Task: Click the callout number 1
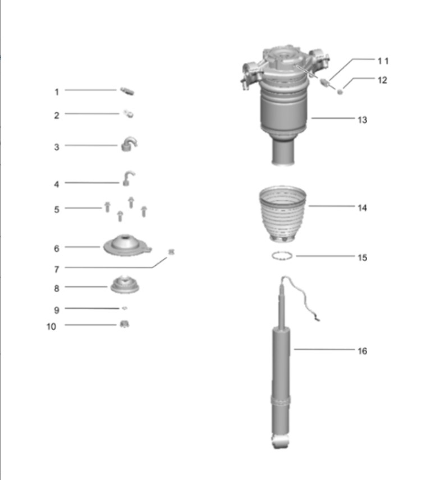(x=56, y=92)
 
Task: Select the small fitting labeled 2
(x=129, y=114)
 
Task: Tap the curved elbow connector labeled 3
(x=129, y=144)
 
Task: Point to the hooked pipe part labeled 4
(x=128, y=178)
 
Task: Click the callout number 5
(x=56, y=210)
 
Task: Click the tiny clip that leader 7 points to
(x=171, y=252)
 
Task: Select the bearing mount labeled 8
(x=125, y=285)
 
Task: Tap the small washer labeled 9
(x=125, y=308)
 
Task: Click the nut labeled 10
(x=124, y=324)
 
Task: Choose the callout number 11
(x=383, y=61)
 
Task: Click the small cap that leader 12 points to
(x=340, y=91)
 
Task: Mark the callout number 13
(x=362, y=119)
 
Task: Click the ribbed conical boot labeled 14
(x=282, y=214)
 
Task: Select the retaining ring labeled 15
(x=282, y=256)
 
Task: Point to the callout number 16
(x=362, y=351)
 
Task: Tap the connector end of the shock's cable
(x=317, y=319)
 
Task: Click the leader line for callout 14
(x=331, y=206)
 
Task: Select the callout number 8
(x=56, y=288)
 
